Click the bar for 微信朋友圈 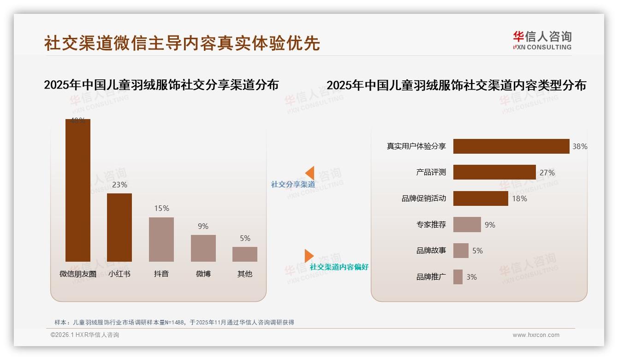77,190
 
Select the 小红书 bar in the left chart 119,227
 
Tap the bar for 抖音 161,239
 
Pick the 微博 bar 203,248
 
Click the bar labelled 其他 245,254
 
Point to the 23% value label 119,185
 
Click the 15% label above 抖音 161,209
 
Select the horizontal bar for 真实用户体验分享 511,146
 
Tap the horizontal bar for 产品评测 494,172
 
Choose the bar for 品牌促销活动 481,198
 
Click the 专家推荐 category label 431,225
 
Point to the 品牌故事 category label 431,251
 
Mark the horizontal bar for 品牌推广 458,277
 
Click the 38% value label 580,146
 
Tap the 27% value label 547,173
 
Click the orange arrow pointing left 310,173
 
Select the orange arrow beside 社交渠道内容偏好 309,256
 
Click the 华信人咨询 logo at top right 542,40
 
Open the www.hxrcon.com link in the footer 536,335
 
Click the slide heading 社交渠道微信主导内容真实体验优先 182,43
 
